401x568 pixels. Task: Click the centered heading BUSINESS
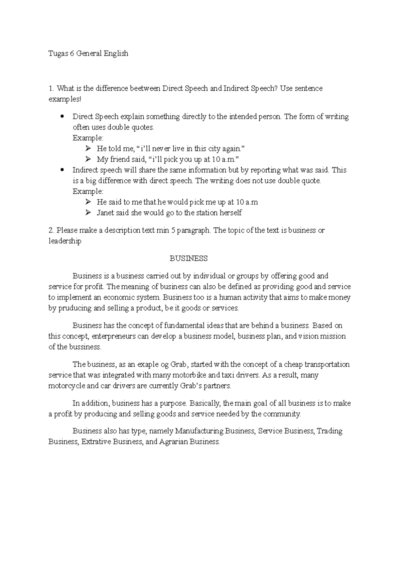[188, 259]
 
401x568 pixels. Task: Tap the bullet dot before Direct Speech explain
[62, 117]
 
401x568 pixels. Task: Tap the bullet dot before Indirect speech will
[62, 170]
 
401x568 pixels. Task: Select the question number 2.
[51, 230]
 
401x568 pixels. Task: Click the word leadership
[65, 241]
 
